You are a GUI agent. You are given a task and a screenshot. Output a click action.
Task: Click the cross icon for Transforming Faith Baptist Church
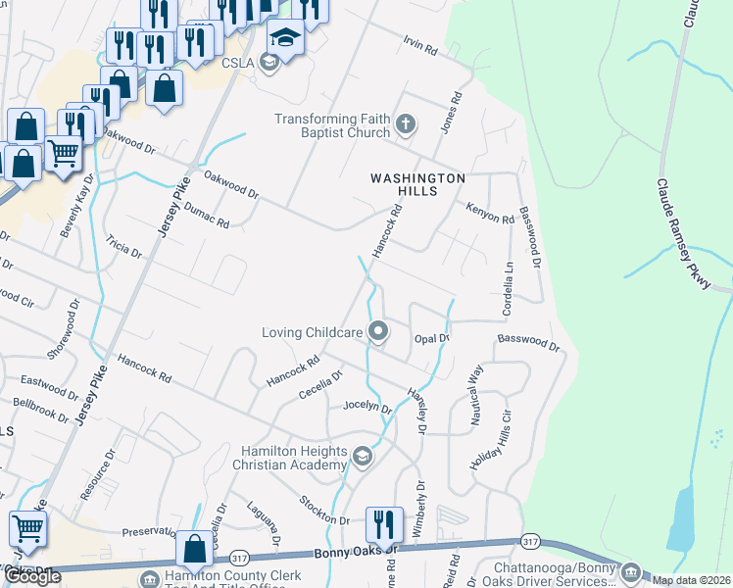pyautogui.click(x=406, y=125)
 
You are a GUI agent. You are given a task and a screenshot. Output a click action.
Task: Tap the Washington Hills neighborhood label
pyautogui.click(x=417, y=184)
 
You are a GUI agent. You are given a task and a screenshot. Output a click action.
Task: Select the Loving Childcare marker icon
pyautogui.click(x=378, y=332)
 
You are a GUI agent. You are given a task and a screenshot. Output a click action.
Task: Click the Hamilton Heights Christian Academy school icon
pyautogui.click(x=363, y=457)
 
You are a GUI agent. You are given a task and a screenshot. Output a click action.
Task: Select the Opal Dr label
pyautogui.click(x=431, y=338)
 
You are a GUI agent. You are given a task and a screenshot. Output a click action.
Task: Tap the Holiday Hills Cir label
pyautogui.click(x=493, y=439)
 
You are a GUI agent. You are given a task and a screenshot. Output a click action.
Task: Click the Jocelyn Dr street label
pyautogui.click(x=367, y=407)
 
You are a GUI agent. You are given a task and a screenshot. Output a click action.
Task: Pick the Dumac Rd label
pyautogui.click(x=206, y=217)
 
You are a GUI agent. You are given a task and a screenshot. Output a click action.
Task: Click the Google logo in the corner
pyautogui.click(x=32, y=576)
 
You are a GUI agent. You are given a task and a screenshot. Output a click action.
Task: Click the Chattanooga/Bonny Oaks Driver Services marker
pyautogui.click(x=630, y=571)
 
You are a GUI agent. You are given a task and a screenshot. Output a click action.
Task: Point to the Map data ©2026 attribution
pyautogui.click(x=692, y=580)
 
